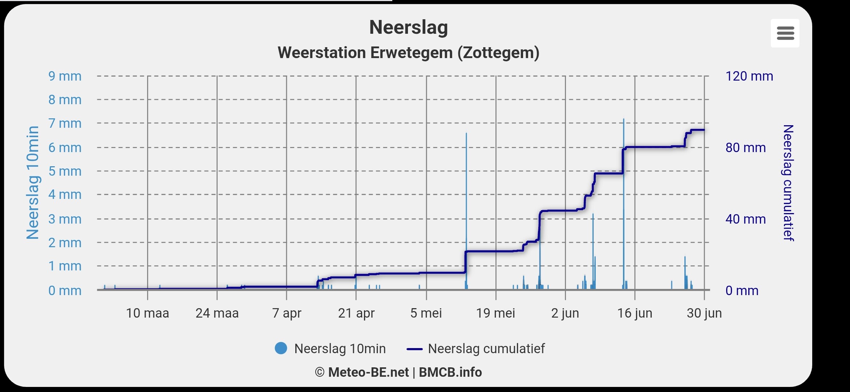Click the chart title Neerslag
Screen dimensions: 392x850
click(408, 28)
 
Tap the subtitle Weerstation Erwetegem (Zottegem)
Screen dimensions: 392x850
click(408, 53)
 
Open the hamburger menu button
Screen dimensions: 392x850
click(785, 33)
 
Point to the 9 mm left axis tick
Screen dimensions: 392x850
click(65, 76)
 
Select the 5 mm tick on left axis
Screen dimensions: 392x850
click(65, 171)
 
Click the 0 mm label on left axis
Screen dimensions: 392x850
click(65, 291)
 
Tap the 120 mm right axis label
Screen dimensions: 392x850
click(749, 76)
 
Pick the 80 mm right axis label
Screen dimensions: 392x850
click(745, 148)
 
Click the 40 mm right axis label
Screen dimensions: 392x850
click(745, 219)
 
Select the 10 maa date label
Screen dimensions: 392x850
click(147, 313)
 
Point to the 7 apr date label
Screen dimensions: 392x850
click(287, 313)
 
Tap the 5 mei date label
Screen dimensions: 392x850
click(426, 313)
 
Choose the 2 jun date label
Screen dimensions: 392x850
click(565, 313)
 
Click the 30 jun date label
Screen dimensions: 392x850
click(704, 313)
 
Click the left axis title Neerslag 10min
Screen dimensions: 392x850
click(33, 183)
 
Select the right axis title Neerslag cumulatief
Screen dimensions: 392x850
click(788, 183)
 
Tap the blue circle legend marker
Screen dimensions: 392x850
click(281, 348)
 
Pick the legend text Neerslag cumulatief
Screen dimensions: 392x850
click(486, 349)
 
